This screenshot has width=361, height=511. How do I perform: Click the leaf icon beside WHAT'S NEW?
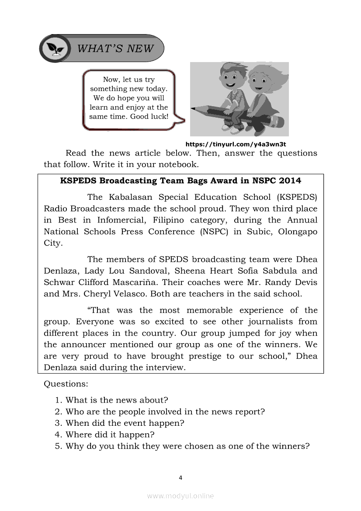[55, 49]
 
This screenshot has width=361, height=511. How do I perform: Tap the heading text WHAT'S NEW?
[115, 49]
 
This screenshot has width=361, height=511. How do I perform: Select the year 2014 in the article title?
[290, 180]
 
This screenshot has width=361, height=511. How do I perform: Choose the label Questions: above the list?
[66, 384]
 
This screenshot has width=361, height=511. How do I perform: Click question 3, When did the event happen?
[125, 423]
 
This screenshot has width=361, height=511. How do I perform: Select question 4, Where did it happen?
[110, 435]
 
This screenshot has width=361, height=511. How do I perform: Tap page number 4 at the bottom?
[180, 478]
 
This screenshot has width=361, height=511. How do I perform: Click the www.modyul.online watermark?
[180, 496]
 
